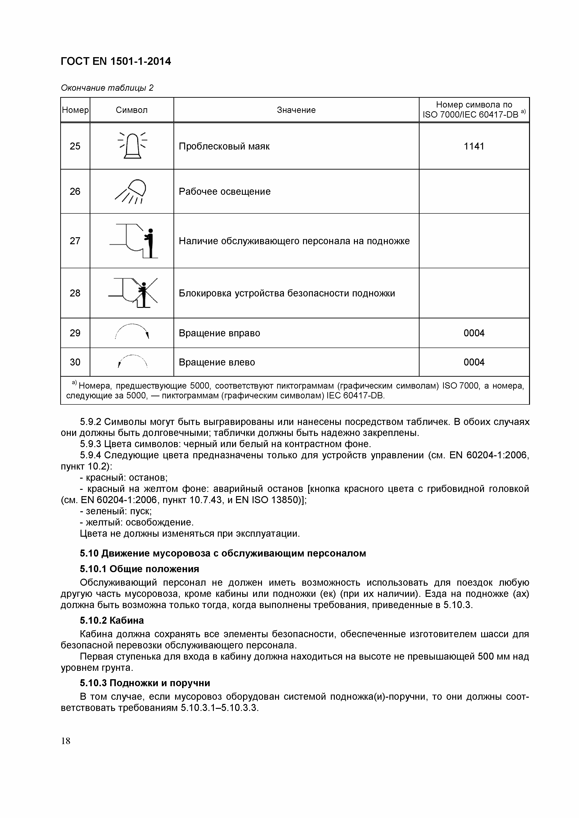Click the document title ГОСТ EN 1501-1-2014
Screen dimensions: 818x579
(x=116, y=62)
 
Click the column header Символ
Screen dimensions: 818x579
(x=131, y=110)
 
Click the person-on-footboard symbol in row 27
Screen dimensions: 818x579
(x=134, y=241)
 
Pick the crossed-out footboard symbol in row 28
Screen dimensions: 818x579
(x=134, y=293)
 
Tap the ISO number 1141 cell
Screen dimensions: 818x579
(x=474, y=146)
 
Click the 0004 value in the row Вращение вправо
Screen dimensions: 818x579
(x=474, y=333)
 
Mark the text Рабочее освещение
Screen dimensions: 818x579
(x=225, y=192)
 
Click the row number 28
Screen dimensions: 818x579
(x=75, y=293)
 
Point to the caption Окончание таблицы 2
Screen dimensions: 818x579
(x=107, y=88)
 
